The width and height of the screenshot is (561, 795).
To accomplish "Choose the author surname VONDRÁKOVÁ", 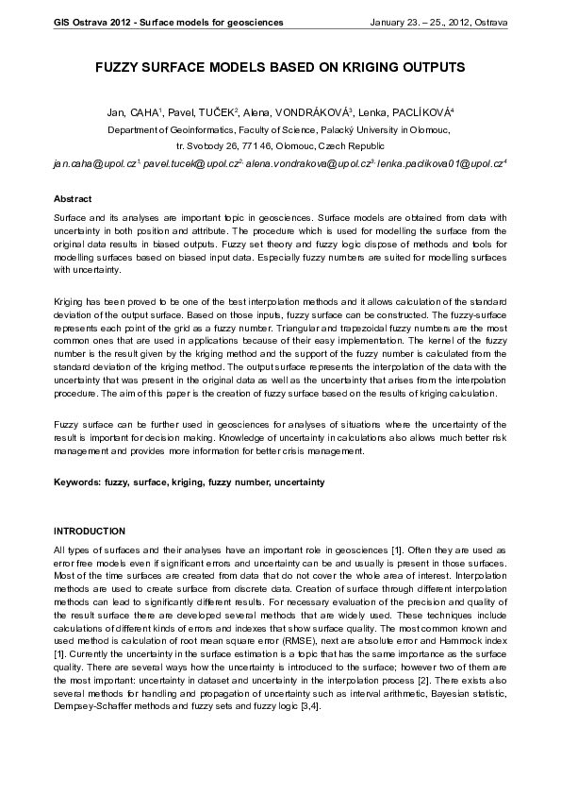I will coord(308,113).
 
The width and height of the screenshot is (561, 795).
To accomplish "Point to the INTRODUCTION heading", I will coord(90,532).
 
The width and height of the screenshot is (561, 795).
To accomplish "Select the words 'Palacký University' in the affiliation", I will coord(365,130).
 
